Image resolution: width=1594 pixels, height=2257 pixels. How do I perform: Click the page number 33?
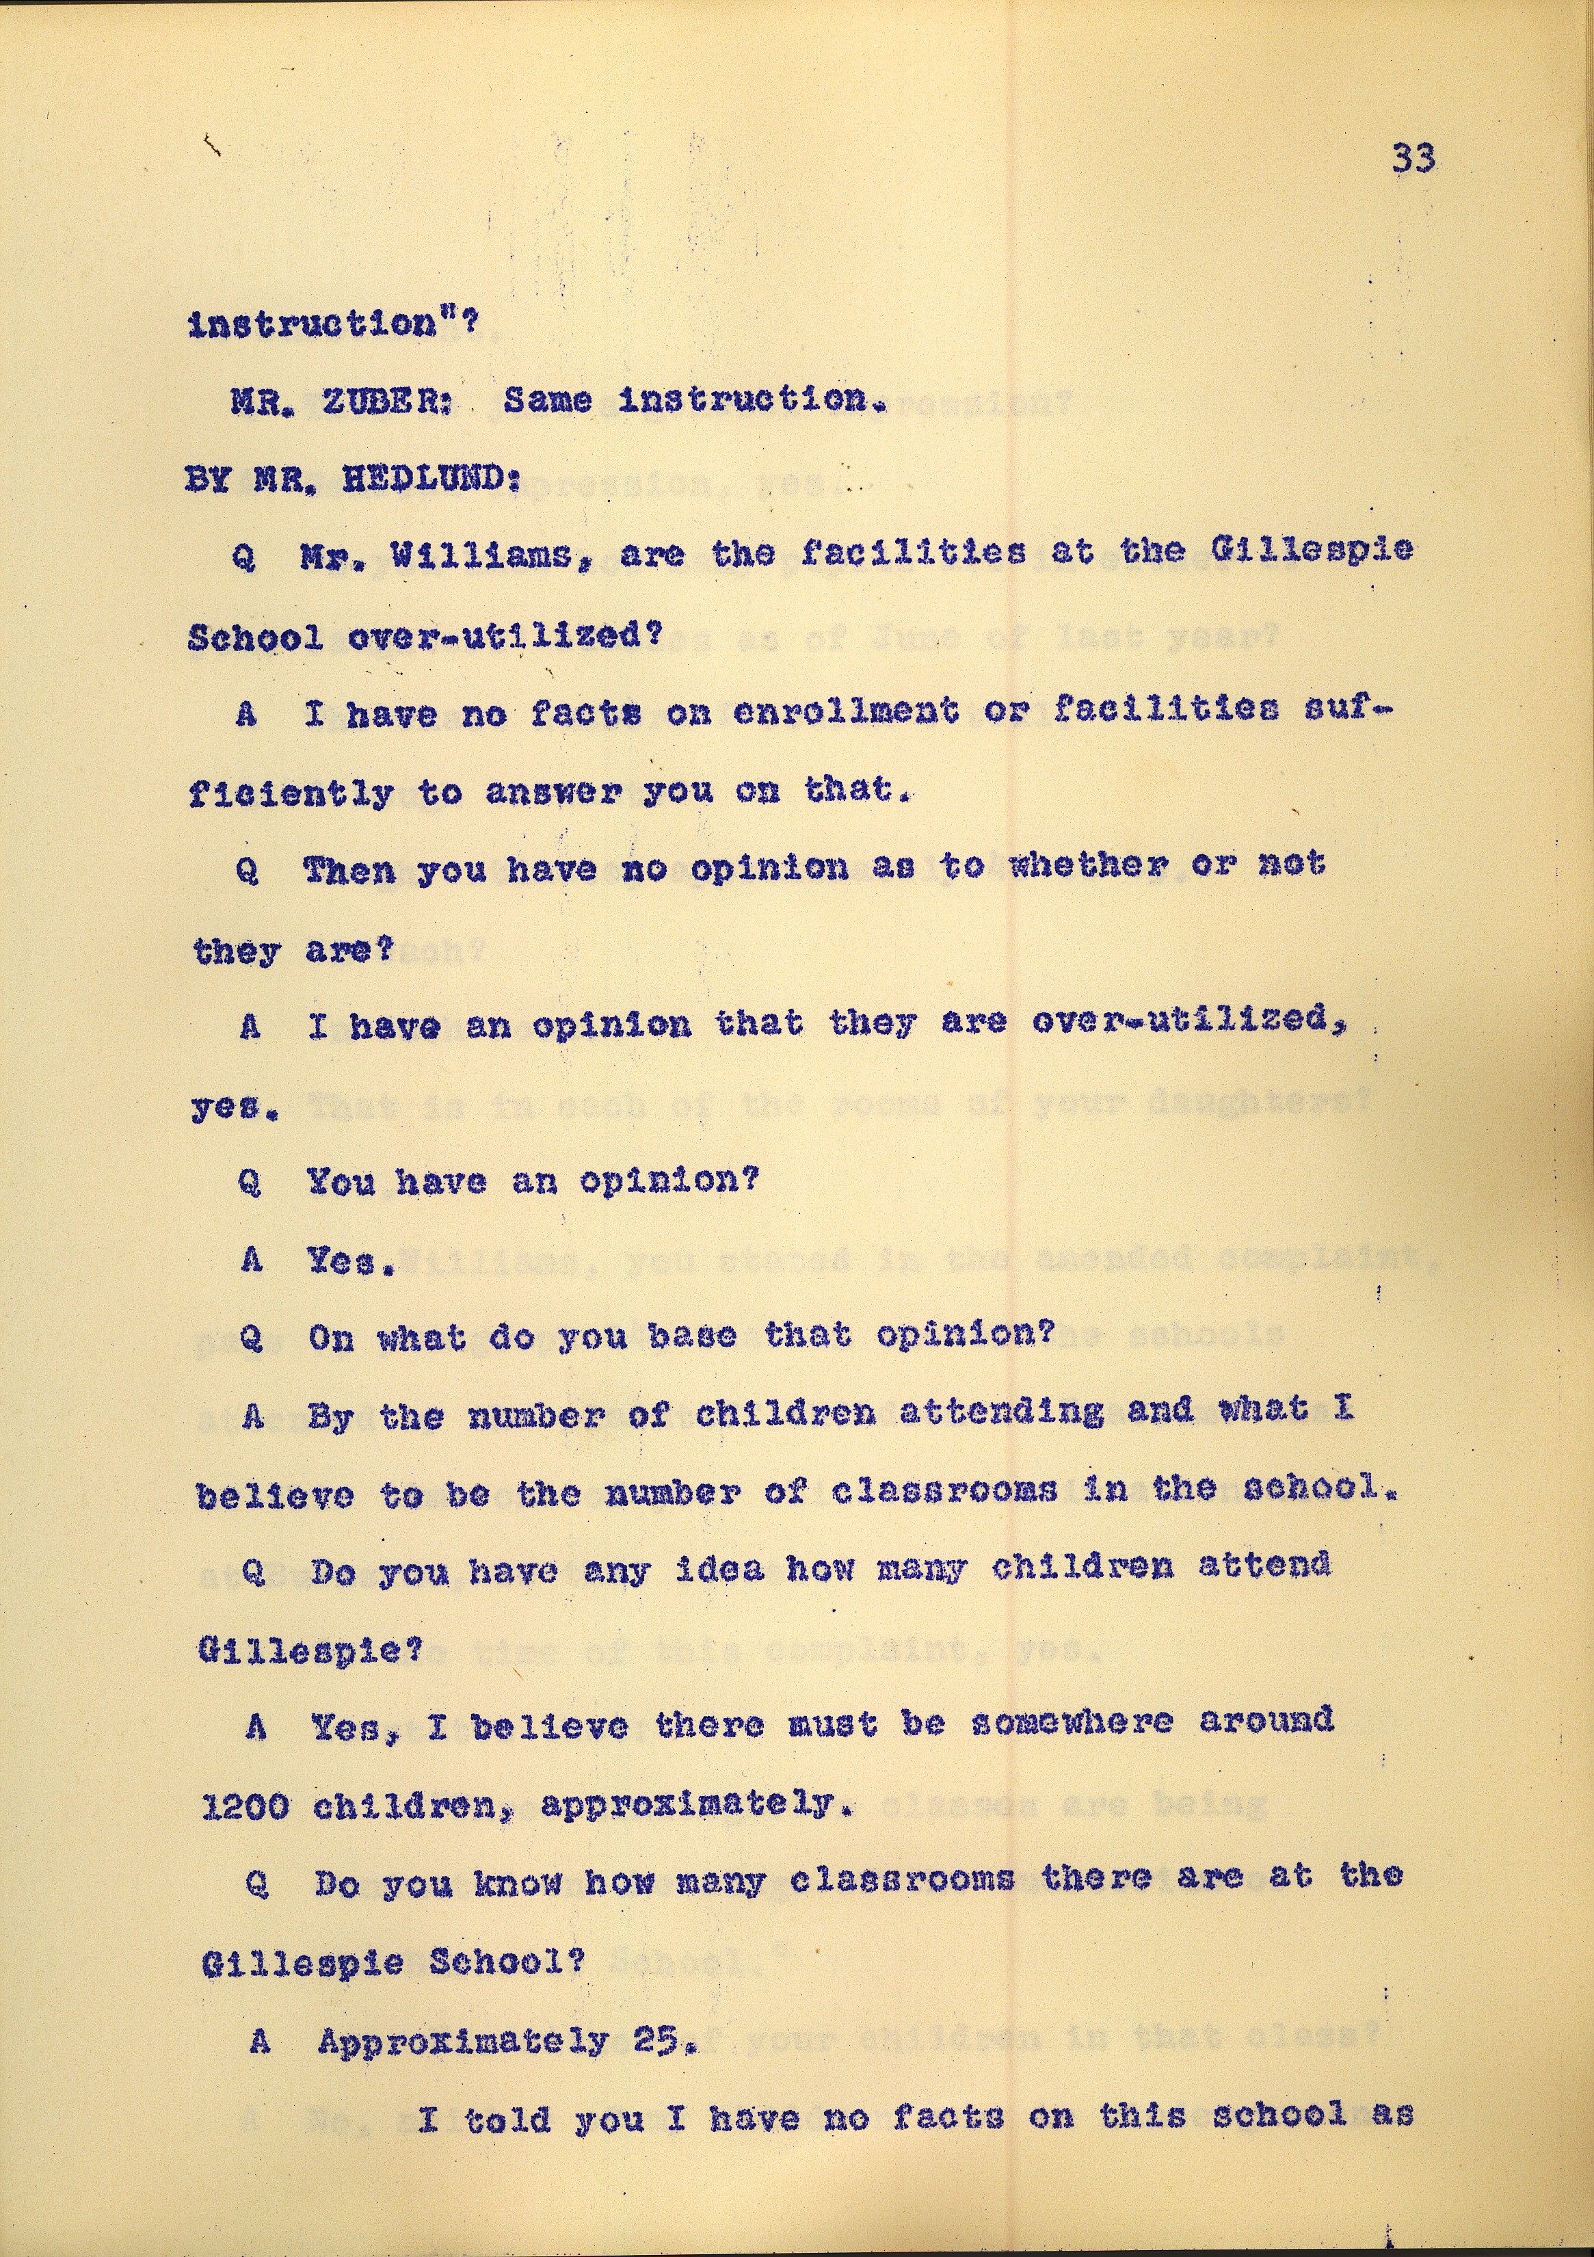coord(1413,157)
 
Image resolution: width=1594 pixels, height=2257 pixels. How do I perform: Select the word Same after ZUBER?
coord(547,400)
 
